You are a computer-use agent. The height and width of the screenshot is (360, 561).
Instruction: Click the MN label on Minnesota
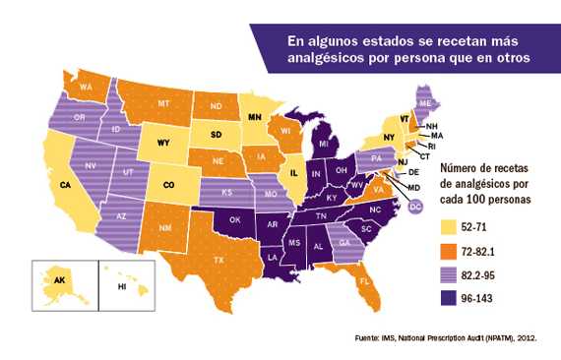(255, 117)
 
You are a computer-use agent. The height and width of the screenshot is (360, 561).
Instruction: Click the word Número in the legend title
(457, 168)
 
